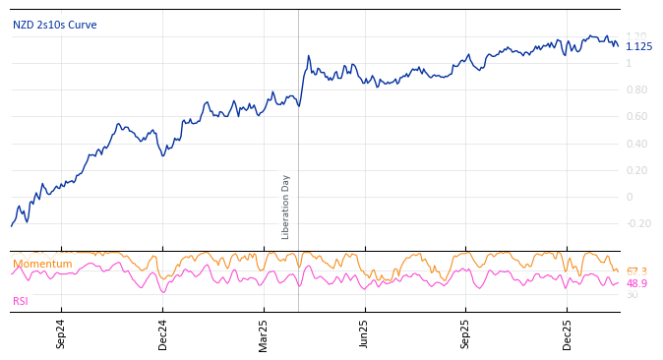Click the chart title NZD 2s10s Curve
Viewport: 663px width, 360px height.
pyautogui.click(x=54, y=25)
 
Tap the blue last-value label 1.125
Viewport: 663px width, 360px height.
pyautogui.click(x=638, y=46)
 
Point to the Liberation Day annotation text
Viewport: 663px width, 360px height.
pyautogui.click(x=286, y=207)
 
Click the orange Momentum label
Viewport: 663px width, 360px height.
pyautogui.click(x=42, y=264)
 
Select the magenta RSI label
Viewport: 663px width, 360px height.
pyautogui.click(x=21, y=301)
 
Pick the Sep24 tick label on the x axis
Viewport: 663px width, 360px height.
pyautogui.click(x=61, y=333)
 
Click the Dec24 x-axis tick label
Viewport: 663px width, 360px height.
pyautogui.click(x=163, y=333)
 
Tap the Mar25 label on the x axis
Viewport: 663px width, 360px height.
pyautogui.click(x=264, y=333)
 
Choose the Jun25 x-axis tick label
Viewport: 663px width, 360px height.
pyautogui.click(x=365, y=333)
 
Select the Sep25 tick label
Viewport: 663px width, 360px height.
pyautogui.click(x=466, y=333)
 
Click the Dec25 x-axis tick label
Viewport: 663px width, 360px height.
pyautogui.click(x=568, y=333)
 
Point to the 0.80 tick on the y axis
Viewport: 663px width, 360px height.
pyautogui.click(x=636, y=90)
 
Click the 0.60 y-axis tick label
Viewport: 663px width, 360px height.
pyautogui.click(x=636, y=117)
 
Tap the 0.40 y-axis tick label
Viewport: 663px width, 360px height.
pyautogui.click(x=636, y=144)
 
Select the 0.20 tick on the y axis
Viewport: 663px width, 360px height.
pyautogui.click(x=636, y=170)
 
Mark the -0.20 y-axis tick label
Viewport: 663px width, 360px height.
pyautogui.click(x=638, y=223)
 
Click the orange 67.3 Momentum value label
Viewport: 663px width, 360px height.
pyautogui.click(x=636, y=271)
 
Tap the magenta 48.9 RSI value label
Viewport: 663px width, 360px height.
pyautogui.click(x=636, y=283)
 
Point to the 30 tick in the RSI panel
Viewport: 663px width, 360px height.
pyautogui.click(x=632, y=294)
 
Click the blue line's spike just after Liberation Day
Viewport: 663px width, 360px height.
pyautogui.click(x=308, y=56)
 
